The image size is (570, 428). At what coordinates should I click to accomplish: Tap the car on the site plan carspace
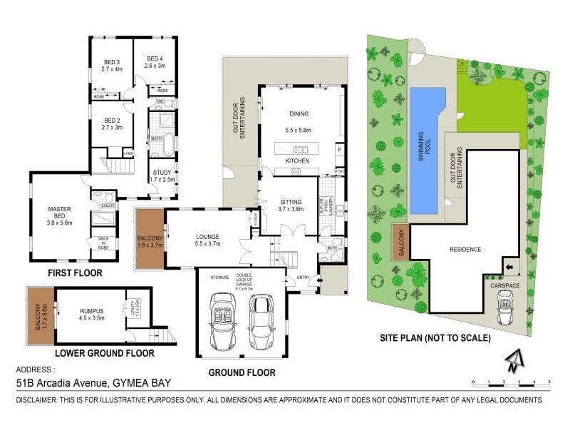507,308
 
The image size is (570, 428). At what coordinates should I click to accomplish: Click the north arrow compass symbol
512,362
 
